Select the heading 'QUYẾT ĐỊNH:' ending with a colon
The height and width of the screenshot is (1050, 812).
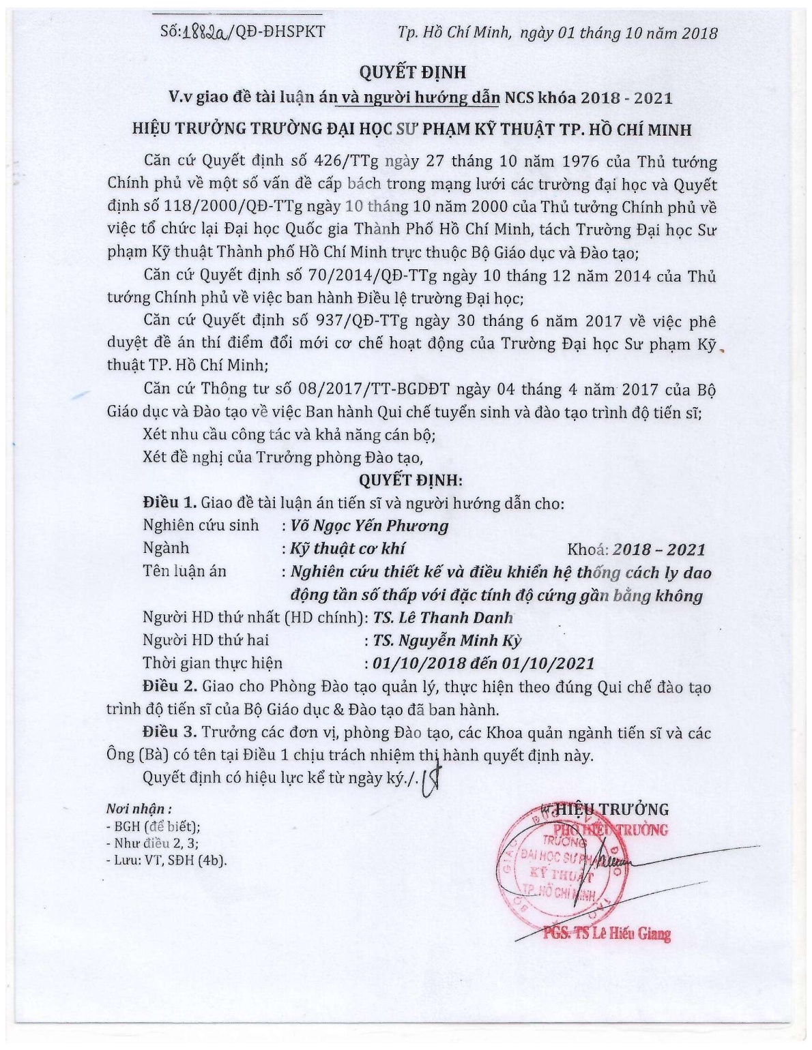(x=411, y=480)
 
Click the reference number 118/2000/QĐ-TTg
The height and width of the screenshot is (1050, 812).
(x=219, y=207)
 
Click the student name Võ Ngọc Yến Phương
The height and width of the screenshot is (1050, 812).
(x=369, y=526)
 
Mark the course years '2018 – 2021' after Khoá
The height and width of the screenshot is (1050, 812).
(x=658, y=550)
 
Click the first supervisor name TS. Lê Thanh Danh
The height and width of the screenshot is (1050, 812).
(x=443, y=618)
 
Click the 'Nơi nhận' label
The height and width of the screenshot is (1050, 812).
(x=134, y=809)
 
